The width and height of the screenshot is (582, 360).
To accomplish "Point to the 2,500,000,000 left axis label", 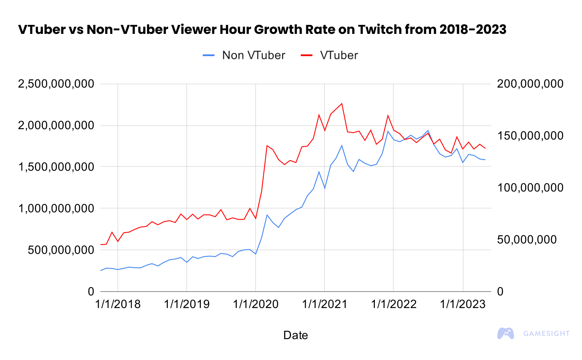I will click(x=56, y=84).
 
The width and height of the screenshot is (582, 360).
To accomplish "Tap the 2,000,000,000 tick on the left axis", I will click(x=56, y=126).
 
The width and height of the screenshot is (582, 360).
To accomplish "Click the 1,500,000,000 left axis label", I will click(x=56, y=167).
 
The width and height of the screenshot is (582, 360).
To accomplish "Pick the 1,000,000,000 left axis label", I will click(x=56, y=209).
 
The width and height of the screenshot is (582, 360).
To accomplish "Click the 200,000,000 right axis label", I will click(x=529, y=84).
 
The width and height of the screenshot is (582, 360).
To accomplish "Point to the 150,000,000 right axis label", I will click(x=529, y=136).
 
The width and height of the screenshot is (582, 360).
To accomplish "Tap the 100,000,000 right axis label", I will click(x=529, y=188).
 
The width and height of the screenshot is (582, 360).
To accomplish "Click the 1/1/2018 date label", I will click(x=118, y=304).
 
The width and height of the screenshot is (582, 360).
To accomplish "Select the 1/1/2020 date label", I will click(x=256, y=304).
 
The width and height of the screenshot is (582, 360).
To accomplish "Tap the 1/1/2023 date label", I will click(x=463, y=304).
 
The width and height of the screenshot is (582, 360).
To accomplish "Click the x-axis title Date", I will click(x=296, y=335).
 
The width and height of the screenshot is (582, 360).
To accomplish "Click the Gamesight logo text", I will click(x=547, y=333).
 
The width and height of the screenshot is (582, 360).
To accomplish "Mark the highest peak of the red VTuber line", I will click(x=342, y=103).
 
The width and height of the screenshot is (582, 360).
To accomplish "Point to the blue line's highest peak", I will click(x=428, y=130).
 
